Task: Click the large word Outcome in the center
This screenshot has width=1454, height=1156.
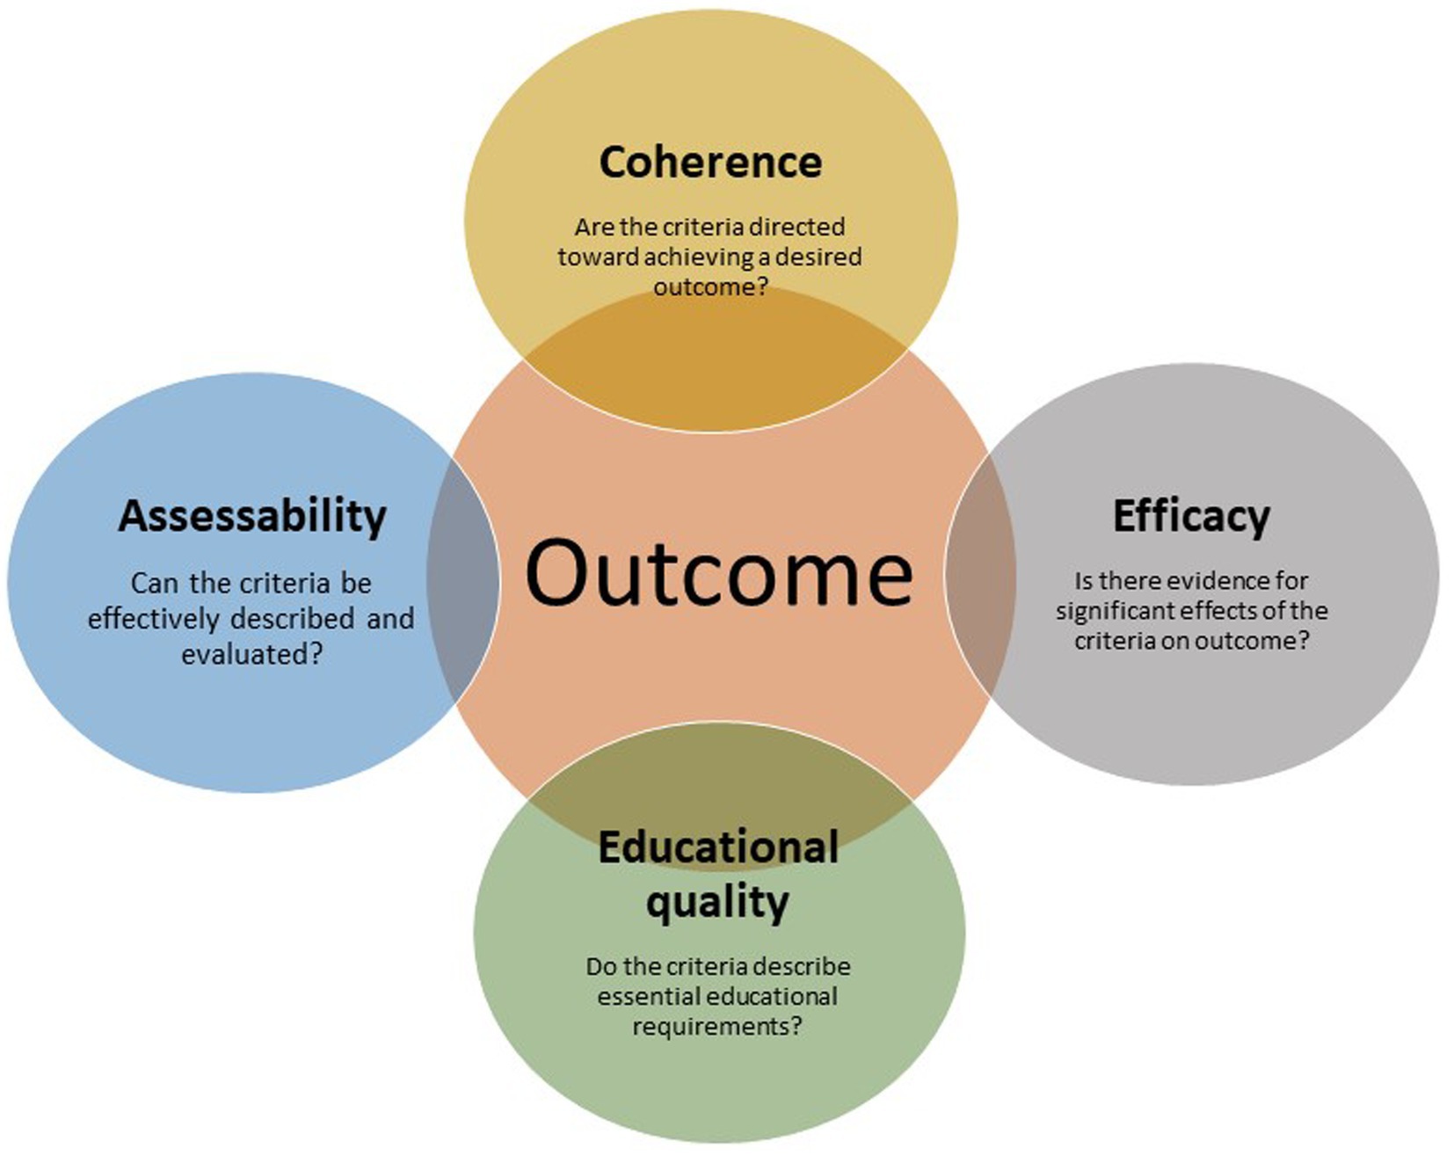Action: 718,574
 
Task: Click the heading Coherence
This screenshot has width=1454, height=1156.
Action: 710,163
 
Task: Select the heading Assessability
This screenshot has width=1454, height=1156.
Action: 252,517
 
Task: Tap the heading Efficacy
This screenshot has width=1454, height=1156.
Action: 1191,517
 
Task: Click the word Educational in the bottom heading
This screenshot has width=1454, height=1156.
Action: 718,847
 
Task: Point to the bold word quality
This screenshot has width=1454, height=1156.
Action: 717,903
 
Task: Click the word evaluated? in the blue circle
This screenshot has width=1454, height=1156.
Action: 252,654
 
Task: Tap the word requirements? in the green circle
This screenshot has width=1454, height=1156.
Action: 717,1027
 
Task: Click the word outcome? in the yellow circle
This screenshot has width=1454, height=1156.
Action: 710,287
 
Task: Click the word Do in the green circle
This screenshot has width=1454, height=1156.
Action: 601,967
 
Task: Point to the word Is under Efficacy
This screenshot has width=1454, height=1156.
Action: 1084,581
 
